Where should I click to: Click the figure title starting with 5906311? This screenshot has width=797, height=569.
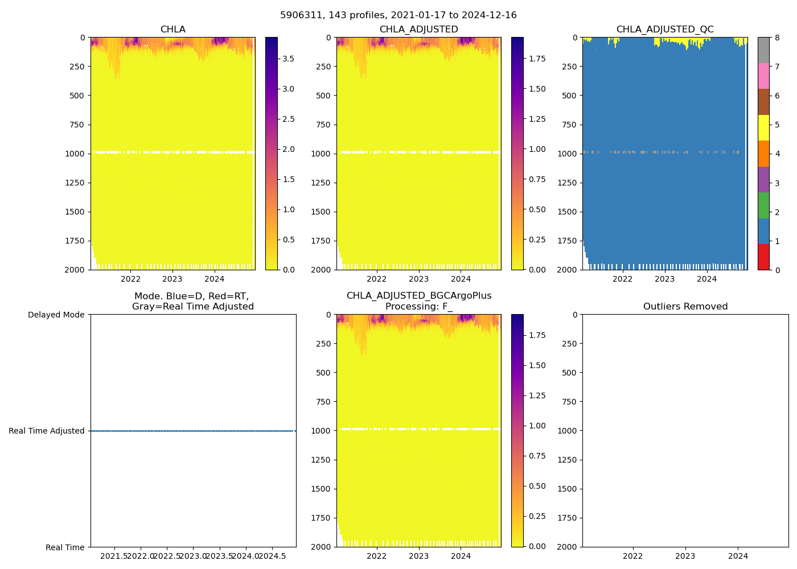(398, 15)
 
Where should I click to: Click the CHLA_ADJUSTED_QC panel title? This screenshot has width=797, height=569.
(664, 30)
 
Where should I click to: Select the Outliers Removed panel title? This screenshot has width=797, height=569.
(685, 307)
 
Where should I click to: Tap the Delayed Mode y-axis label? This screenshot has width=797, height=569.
(56, 315)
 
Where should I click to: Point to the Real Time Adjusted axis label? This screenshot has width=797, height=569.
(47, 431)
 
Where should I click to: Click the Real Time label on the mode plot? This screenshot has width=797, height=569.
(65, 547)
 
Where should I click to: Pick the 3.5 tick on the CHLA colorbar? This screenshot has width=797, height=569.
(289, 59)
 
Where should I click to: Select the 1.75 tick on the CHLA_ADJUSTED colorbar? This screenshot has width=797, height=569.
(537, 59)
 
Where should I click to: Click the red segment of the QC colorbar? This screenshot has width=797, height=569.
(763, 257)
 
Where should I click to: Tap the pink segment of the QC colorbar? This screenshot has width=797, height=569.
(763, 76)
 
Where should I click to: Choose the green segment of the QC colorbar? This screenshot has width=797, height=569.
(763, 205)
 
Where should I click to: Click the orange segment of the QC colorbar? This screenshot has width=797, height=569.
(763, 154)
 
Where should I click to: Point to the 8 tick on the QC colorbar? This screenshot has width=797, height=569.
(777, 38)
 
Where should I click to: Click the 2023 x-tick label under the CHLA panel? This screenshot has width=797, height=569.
(172, 279)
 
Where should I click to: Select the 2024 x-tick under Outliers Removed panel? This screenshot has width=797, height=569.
(738, 556)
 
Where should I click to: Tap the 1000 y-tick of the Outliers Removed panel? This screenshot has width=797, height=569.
(569, 431)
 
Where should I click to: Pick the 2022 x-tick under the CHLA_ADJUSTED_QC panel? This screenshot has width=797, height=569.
(622, 279)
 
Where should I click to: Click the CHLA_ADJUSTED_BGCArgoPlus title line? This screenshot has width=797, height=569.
(418, 296)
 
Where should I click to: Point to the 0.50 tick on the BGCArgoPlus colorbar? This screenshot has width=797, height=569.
(537, 486)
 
